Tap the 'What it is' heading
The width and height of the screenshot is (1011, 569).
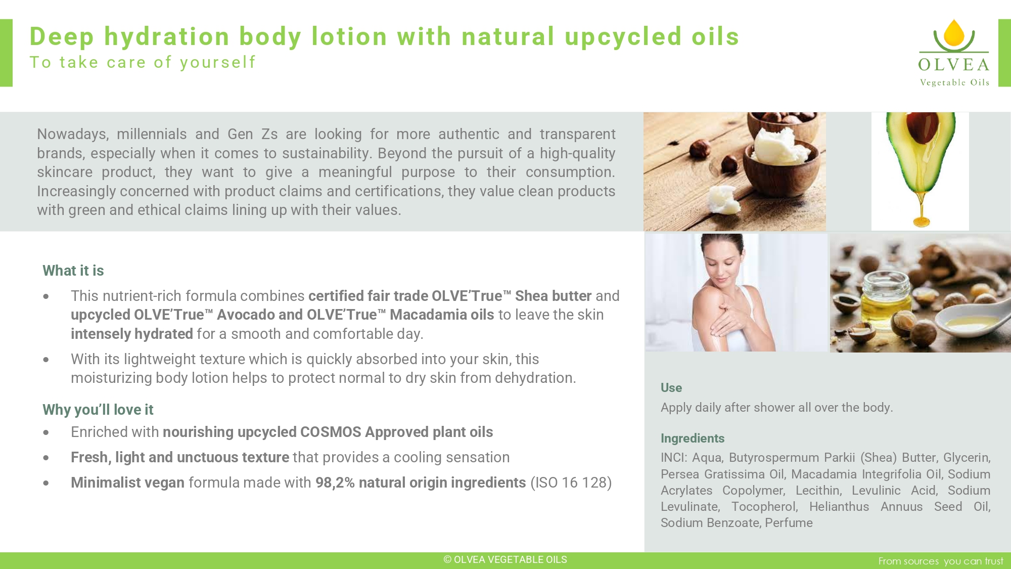(73, 271)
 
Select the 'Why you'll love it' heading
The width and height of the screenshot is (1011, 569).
(98, 410)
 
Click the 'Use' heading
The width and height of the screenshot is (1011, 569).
(671, 388)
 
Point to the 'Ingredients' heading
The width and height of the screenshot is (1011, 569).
(693, 439)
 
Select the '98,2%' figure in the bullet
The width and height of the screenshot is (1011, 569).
(335, 483)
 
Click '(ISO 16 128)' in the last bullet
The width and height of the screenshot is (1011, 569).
(571, 483)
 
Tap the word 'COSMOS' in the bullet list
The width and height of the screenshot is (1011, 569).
(331, 432)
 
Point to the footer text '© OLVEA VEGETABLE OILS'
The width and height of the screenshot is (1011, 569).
(505, 559)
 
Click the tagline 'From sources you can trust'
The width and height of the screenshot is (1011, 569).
(941, 561)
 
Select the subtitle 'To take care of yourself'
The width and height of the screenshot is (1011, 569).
(143, 62)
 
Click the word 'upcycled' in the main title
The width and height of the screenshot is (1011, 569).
(623, 37)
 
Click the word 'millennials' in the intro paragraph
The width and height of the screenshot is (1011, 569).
(152, 134)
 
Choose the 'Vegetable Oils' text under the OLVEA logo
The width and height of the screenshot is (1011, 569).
(954, 82)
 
